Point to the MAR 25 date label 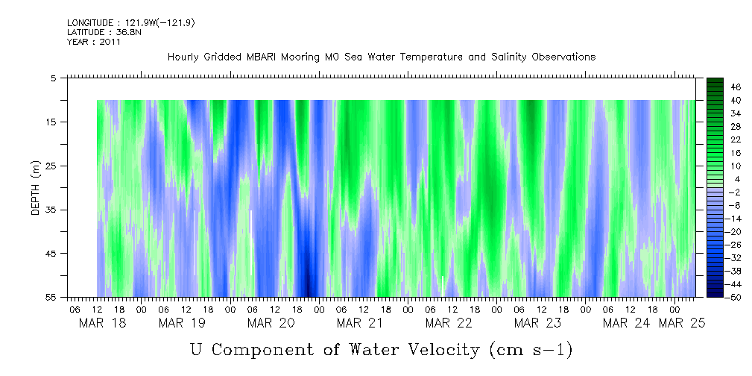[684, 322]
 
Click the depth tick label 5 [54, 78]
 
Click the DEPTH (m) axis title [35, 188]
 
